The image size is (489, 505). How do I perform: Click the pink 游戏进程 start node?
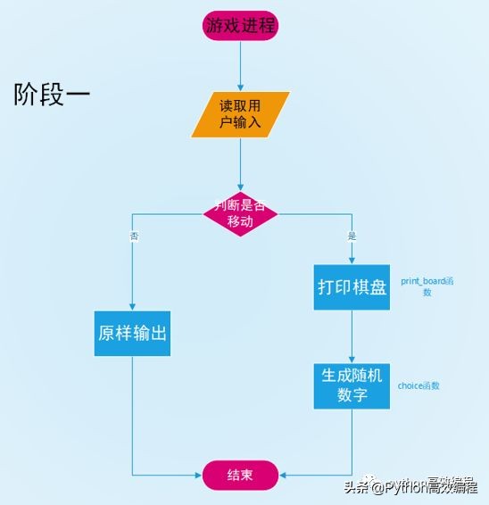pyautogui.click(x=241, y=26)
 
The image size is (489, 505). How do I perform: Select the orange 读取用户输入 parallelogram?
pyautogui.click(x=241, y=114)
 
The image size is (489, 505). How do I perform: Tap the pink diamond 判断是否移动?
pyautogui.click(x=241, y=212)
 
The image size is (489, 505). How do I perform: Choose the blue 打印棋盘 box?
pyautogui.click(x=352, y=287)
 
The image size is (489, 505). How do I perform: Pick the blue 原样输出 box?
pyautogui.click(x=132, y=334)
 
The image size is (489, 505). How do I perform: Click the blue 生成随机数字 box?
pyautogui.click(x=352, y=385)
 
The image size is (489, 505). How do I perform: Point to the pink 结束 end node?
pyautogui.click(x=240, y=475)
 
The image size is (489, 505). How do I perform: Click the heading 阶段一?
pyautogui.click(x=52, y=95)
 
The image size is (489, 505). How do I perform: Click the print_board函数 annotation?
pyautogui.click(x=427, y=286)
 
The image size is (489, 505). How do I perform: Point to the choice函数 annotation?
pyautogui.click(x=419, y=386)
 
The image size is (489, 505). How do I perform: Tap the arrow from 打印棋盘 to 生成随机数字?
pyautogui.click(x=352, y=336)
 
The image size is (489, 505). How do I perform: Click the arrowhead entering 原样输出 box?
pyautogui.click(x=132, y=306)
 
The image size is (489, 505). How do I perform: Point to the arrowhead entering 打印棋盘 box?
pyautogui.click(x=352, y=260)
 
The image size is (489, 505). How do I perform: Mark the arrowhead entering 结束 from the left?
pyautogui.click(x=199, y=475)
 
